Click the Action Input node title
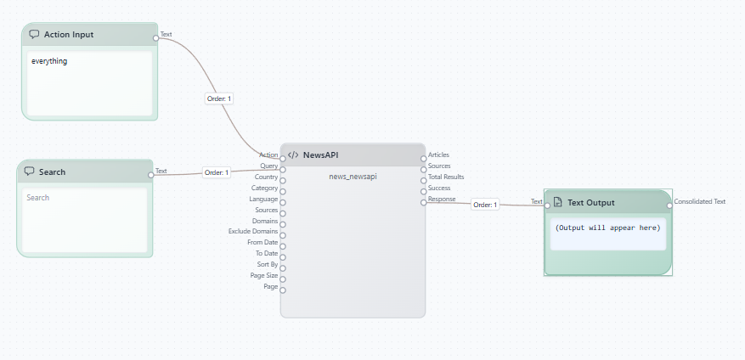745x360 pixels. point(69,35)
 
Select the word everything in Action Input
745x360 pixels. point(49,61)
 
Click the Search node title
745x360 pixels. point(52,172)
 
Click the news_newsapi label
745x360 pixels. point(353,177)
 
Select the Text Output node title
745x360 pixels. point(590,202)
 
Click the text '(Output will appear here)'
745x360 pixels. point(607,228)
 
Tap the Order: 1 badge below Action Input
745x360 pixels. point(219,98)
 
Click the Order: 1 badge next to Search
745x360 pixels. point(216,172)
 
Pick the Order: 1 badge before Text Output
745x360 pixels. point(485,205)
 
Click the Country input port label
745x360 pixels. point(266,177)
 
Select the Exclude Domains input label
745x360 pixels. point(253,231)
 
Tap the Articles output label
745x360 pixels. point(438,155)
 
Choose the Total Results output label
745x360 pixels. point(446,177)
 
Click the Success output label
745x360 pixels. point(439,188)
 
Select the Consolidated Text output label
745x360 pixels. point(700,201)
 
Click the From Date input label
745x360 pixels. point(262,242)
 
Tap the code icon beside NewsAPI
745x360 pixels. point(293,155)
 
